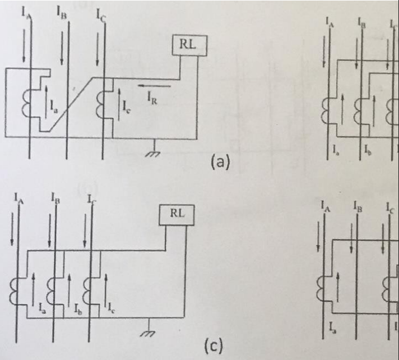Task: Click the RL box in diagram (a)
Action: point(189,45)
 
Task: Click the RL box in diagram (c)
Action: point(177,215)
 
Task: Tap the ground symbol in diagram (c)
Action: point(148,329)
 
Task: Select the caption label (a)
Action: point(220,162)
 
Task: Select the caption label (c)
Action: point(214,345)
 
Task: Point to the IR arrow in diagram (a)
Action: point(154,86)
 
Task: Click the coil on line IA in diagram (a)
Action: point(26,103)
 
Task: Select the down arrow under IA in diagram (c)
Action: point(12,229)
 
